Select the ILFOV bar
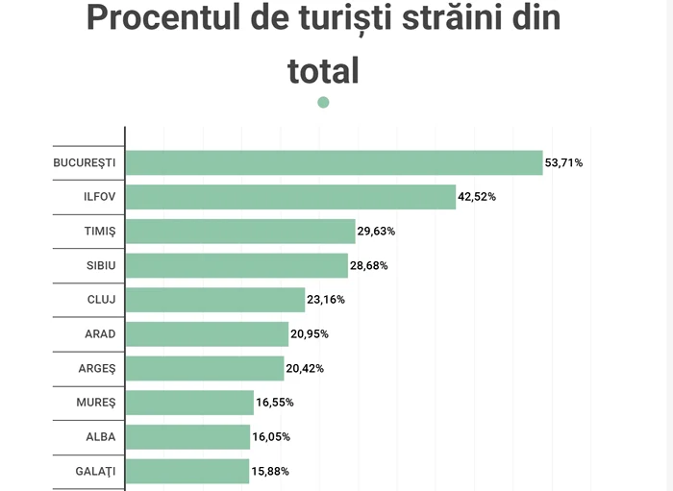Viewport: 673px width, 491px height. coord(290,197)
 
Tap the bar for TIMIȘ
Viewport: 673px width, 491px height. coord(240,231)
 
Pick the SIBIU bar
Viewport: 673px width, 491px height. coord(237,265)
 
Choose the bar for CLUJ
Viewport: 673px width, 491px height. coord(215,300)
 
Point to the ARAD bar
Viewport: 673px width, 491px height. coord(207,333)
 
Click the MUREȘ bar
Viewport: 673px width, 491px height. coord(189,403)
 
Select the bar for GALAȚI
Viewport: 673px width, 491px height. coord(187,471)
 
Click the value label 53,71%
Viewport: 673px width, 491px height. coord(563,162)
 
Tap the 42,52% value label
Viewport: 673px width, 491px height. coord(477,197)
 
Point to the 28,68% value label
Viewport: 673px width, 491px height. coord(369,265)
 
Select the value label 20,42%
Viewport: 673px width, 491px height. coord(305,368)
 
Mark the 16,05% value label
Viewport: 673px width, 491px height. coord(271,437)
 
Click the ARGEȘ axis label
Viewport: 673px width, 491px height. coord(97,368)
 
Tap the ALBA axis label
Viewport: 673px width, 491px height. coord(101,437)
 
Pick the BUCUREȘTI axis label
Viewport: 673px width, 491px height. coord(85,162)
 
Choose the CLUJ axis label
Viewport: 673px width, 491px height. coord(101,300)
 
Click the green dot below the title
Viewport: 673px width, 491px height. coord(323,102)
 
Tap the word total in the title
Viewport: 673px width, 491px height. coord(323,69)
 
